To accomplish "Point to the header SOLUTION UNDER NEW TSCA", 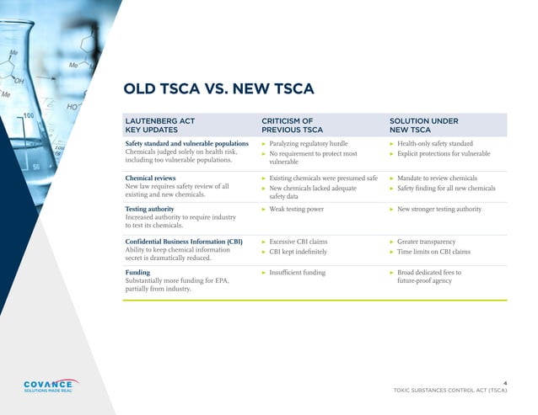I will [423, 125].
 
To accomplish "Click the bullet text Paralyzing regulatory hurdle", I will [308, 144].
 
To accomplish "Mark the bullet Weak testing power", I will [296, 208].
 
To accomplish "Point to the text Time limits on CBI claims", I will [443, 252].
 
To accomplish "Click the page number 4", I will [504, 382].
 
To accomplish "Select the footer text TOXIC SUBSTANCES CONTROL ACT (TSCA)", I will [450, 391].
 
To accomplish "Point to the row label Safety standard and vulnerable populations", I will [186, 144].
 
